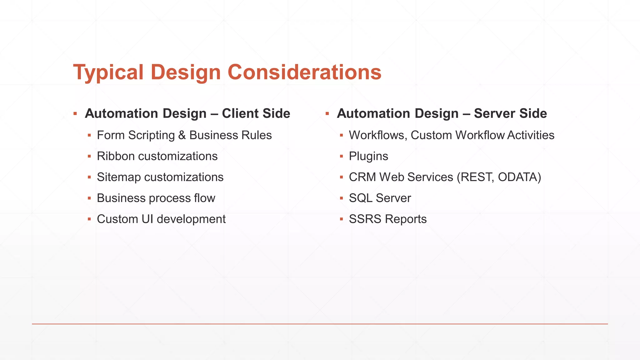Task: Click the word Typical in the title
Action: point(108,72)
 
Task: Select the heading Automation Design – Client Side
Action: point(187,113)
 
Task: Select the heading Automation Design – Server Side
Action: point(442,113)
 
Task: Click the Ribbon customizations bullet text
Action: point(157,156)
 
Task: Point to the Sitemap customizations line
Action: point(160,177)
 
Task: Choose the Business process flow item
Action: point(156,198)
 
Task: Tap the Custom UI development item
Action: point(161,219)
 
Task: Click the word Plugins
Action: point(368,156)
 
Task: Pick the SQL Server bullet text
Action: point(380,198)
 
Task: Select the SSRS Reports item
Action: point(387,219)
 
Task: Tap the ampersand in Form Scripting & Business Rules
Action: point(182,135)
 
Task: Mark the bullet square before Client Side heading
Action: point(75,113)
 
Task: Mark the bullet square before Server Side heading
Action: point(327,113)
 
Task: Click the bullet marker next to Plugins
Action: point(341,156)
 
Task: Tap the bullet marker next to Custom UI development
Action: point(89,219)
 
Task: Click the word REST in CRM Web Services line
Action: point(477,177)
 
